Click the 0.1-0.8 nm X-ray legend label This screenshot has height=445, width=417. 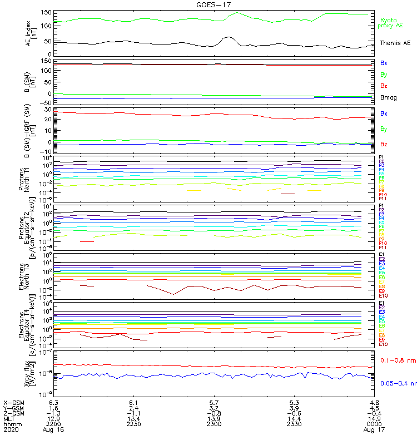click(398, 360)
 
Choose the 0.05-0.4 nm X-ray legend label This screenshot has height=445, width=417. click(398, 383)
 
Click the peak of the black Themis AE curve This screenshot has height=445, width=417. click(227, 37)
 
